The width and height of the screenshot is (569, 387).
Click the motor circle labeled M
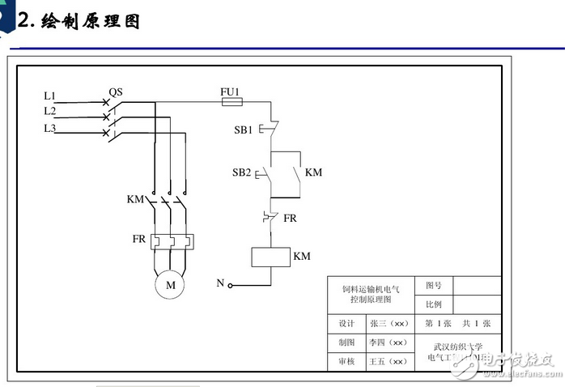(x=170, y=285)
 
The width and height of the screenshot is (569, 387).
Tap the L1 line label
(x=50, y=96)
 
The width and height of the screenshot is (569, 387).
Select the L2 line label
(x=50, y=111)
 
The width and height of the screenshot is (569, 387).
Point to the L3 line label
(x=50, y=127)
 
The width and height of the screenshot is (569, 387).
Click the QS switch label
(x=115, y=92)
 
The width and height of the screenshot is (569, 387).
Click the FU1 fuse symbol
(x=231, y=104)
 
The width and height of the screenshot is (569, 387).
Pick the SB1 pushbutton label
(x=243, y=130)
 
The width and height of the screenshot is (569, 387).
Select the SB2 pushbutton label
(x=242, y=172)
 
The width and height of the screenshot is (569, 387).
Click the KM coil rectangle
(x=270, y=257)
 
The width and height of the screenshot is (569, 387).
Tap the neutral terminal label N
(x=219, y=283)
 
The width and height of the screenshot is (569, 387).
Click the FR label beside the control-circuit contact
(x=290, y=219)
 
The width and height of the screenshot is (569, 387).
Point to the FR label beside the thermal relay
(x=139, y=240)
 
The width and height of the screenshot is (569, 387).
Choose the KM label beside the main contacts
(x=135, y=199)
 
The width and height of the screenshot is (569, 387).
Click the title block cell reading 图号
(x=433, y=285)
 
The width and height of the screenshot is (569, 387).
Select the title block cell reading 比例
(x=433, y=305)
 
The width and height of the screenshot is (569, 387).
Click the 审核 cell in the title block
(x=346, y=362)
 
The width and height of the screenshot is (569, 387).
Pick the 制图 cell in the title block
(x=346, y=342)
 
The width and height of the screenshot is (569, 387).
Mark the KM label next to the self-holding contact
(x=313, y=172)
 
